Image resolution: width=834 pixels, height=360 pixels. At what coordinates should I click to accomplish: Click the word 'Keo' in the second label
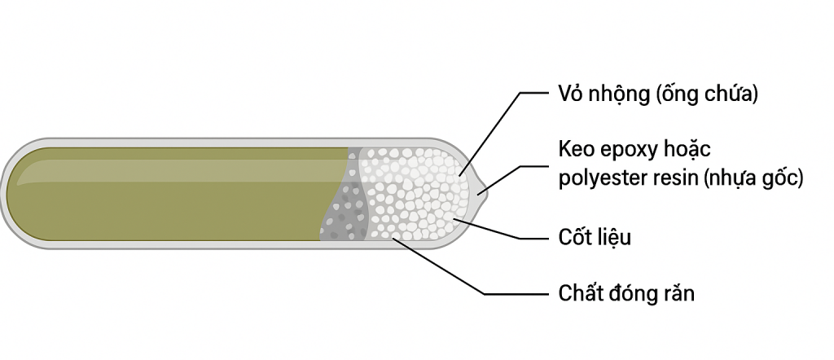(x=577, y=151)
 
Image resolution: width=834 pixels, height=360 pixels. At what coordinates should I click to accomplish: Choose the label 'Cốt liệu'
(x=595, y=238)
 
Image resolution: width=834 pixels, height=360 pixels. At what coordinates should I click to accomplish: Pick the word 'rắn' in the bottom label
(x=677, y=293)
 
